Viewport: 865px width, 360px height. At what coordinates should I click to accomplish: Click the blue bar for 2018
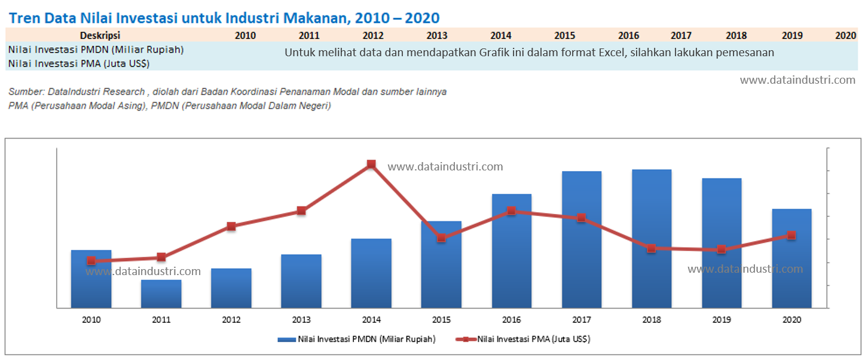[652, 239]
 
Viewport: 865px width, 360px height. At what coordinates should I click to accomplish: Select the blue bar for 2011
[161, 294]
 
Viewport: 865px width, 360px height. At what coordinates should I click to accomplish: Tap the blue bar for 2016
[512, 251]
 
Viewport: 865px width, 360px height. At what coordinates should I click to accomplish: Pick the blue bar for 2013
[301, 281]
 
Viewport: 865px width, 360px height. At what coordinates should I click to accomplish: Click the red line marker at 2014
[371, 164]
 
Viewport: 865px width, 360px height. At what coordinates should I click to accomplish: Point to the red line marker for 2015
[441, 238]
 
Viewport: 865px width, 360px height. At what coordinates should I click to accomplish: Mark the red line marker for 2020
[791, 235]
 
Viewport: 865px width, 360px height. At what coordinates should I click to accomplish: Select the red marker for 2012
[231, 226]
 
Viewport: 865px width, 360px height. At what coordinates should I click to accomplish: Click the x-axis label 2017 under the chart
[582, 320]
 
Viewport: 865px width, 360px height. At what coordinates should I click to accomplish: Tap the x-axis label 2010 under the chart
[91, 320]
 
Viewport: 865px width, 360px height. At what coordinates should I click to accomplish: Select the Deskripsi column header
[100, 35]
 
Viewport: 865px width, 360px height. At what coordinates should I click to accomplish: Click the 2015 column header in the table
[564, 35]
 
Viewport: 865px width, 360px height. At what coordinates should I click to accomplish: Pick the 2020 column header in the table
[845, 35]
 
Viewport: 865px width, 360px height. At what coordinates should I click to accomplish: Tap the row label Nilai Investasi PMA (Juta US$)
[79, 63]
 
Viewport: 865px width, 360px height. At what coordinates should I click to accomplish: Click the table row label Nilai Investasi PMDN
[96, 50]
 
